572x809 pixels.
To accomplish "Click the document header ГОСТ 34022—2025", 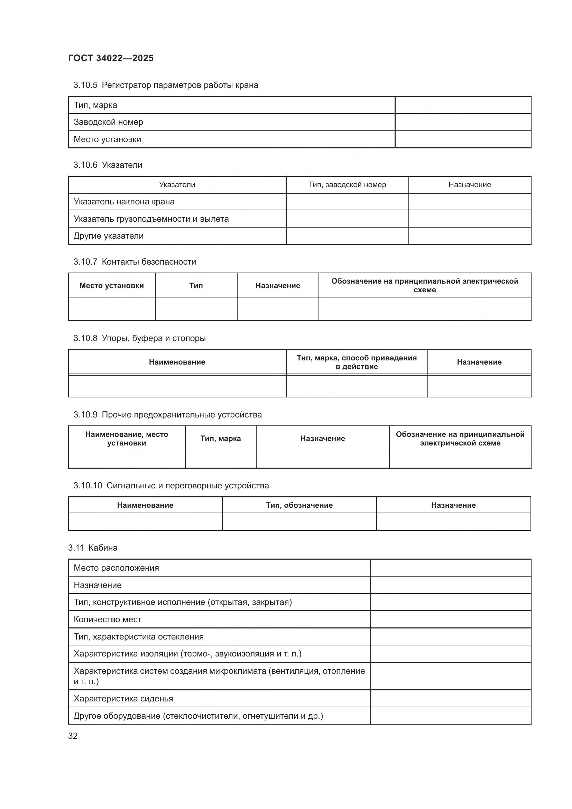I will click(x=111, y=58).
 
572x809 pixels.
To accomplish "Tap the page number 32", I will click(x=73, y=736).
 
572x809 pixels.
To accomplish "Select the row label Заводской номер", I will click(x=108, y=122).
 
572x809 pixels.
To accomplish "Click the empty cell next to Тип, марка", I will click(x=462, y=105).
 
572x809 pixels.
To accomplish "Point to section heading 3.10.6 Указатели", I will click(x=108, y=165).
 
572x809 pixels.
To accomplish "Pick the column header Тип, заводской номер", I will click(x=347, y=185).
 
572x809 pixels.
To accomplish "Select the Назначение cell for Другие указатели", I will click(x=470, y=236).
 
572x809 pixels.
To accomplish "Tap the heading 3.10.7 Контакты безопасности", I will click(x=135, y=262).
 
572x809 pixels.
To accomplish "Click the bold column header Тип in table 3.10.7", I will click(x=196, y=285).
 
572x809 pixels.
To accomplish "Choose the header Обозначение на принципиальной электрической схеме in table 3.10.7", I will click(x=424, y=285).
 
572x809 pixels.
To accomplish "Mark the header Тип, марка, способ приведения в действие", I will click(x=357, y=362).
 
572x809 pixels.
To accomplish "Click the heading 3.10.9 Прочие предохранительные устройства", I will click(x=167, y=415).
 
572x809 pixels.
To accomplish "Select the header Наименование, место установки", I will click(x=127, y=438).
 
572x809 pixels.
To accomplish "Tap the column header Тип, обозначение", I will click(x=299, y=505).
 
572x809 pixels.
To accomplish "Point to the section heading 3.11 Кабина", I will click(x=93, y=548).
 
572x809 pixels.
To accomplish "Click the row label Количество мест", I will click(x=108, y=619).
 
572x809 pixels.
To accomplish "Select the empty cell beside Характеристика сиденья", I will click(x=450, y=698).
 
